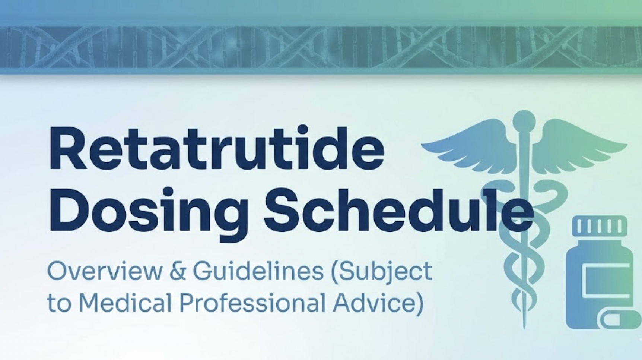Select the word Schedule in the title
tap(398, 209)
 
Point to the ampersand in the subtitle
tap(178, 271)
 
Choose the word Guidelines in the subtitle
tap(258, 271)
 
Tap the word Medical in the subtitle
tap(125, 302)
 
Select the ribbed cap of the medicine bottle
tap(599, 225)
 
